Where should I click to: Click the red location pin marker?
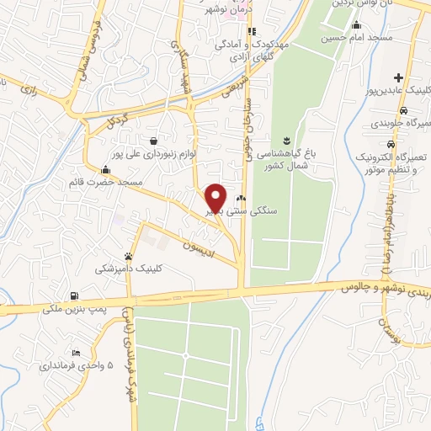click(216, 198)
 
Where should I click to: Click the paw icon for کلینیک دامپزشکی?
click(128, 256)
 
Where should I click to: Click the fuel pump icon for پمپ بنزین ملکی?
click(75, 295)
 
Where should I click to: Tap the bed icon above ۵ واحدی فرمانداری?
click(77, 352)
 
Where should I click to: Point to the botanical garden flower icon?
click(286, 138)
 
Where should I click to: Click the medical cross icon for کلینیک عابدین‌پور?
click(398, 77)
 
